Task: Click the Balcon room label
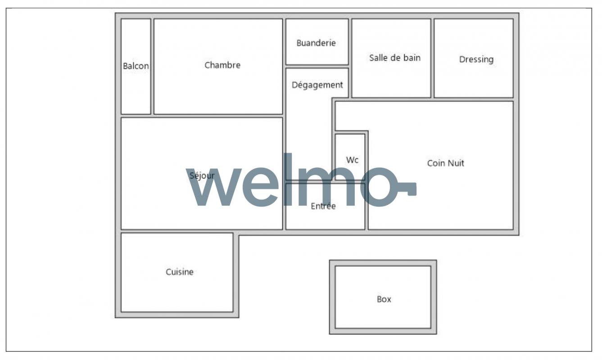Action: click(136, 66)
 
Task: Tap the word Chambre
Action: click(222, 65)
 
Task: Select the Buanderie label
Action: click(316, 43)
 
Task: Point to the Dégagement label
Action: click(317, 85)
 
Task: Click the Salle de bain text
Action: click(395, 58)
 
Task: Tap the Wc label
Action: click(352, 160)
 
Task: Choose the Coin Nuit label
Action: click(446, 163)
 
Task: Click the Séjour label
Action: click(202, 176)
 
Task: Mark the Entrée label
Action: click(323, 206)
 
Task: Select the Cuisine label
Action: click(180, 272)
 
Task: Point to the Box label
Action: click(384, 299)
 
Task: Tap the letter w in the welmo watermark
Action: click(214, 187)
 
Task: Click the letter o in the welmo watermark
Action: click(379, 187)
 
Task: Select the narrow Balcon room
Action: click(136, 89)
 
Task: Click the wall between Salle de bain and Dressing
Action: click(432, 58)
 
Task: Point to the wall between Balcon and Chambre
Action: click(152, 66)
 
